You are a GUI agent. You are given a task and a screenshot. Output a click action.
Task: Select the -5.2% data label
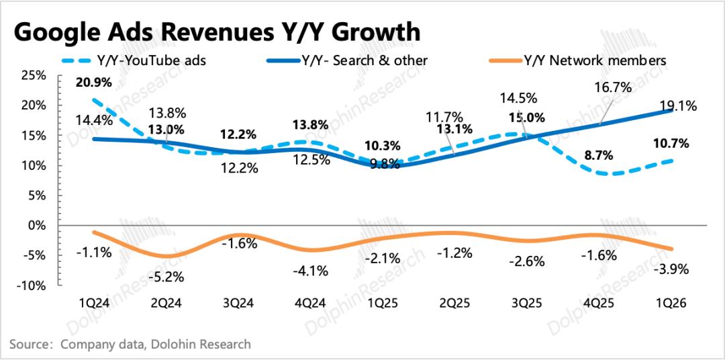point(167,276)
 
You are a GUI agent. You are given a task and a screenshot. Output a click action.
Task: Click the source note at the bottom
point(130,345)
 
